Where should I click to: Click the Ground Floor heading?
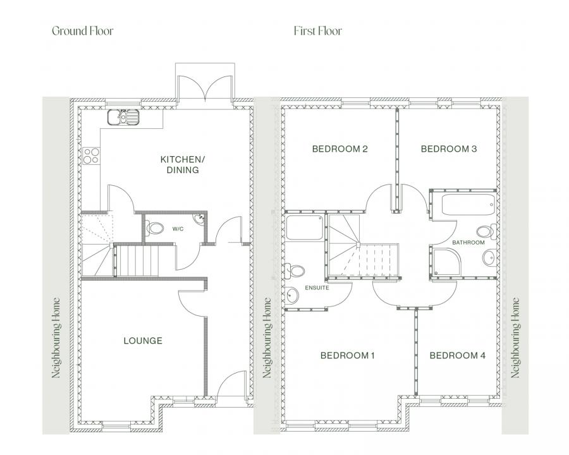[x=83, y=31]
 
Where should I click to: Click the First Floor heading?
[x=318, y=31]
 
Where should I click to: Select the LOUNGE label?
[x=143, y=341]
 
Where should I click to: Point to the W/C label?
[x=178, y=229]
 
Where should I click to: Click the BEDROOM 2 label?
[x=340, y=149]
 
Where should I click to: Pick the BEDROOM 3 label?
[x=449, y=149]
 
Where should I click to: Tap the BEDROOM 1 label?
[x=347, y=356]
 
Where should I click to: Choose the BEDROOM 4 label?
[x=458, y=356]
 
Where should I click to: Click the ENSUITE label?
[x=317, y=288]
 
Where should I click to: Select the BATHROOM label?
[x=468, y=243]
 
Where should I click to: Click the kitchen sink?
[x=123, y=117]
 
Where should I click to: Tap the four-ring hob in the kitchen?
[x=90, y=156]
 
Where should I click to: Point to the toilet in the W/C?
[x=154, y=228]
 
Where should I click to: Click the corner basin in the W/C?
[x=200, y=219]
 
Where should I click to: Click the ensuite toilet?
[x=295, y=271]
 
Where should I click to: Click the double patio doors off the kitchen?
[x=205, y=87]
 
